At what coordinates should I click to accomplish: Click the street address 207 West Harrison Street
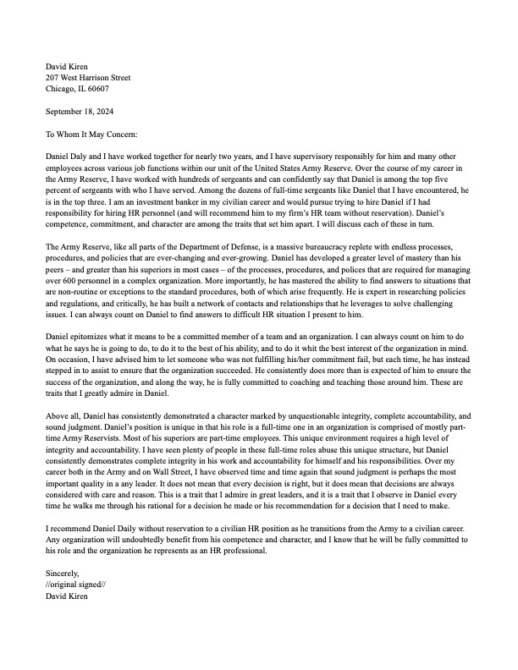click(x=87, y=77)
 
